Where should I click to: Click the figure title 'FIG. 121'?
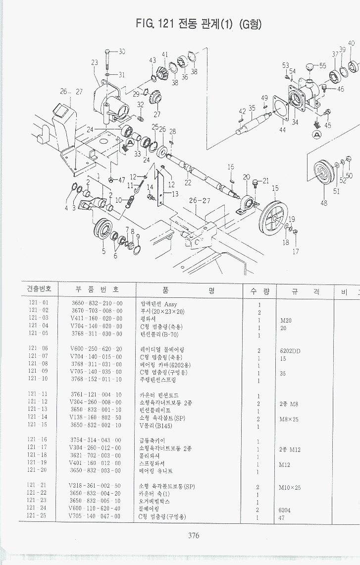153,23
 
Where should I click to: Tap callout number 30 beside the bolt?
121,52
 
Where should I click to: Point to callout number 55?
323,65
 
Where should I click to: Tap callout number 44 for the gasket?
282,130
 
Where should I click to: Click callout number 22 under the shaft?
188,183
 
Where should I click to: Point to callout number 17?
296,251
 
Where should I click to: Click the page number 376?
194,535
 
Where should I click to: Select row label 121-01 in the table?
39,303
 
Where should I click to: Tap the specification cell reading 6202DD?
291,350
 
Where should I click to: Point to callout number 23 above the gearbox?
95,62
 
